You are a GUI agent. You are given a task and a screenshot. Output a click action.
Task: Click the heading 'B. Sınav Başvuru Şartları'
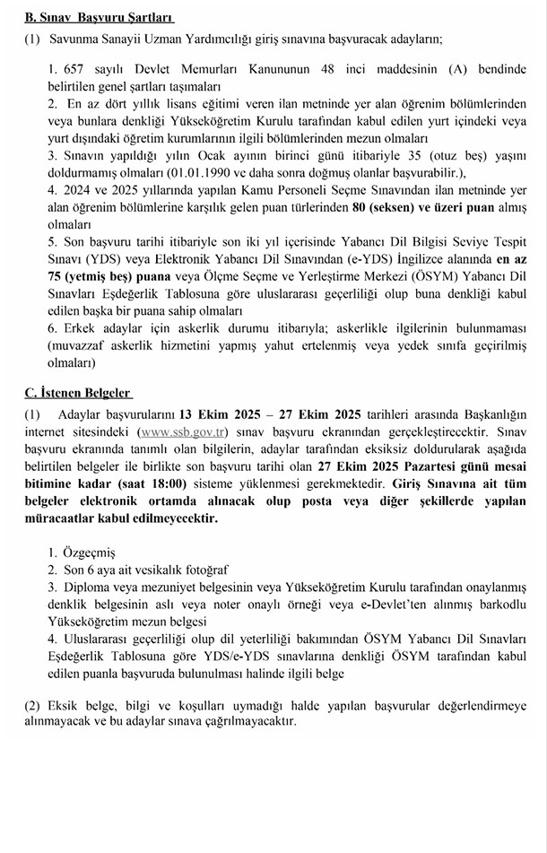[99, 17]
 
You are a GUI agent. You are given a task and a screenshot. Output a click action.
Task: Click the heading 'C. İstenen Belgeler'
[78, 393]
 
